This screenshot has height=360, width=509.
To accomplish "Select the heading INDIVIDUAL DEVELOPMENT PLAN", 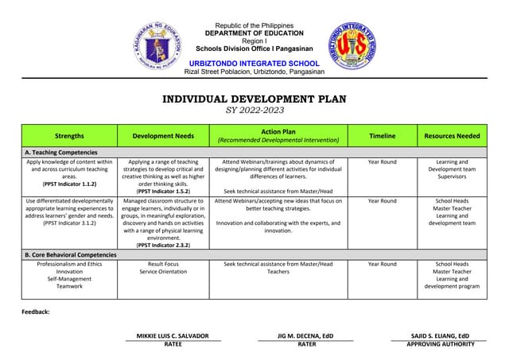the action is click(254, 99).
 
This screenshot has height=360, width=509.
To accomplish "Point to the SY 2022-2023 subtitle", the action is click(254, 110).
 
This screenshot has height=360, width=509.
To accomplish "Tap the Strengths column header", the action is click(70, 136).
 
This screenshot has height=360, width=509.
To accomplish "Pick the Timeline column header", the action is click(382, 136).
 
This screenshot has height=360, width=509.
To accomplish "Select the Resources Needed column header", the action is click(452, 136).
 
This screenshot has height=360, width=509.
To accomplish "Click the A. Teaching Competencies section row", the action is click(61, 152).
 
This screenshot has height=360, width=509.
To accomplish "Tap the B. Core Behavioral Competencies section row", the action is click(71, 254).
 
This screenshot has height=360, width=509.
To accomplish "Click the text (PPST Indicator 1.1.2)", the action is click(70, 184).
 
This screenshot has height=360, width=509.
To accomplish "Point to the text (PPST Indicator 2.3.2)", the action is click(163, 245).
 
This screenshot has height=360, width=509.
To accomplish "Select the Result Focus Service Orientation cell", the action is click(163, 268).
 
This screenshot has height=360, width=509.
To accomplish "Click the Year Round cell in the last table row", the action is click(382, 264).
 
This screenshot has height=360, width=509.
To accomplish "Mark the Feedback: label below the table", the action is click(36, 312).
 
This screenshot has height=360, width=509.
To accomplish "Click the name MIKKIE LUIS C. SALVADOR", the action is click(173, 336).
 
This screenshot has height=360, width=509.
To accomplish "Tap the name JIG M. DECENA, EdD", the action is click(306, 336).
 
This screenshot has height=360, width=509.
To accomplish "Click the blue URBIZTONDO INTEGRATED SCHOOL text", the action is click(254, 63).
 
